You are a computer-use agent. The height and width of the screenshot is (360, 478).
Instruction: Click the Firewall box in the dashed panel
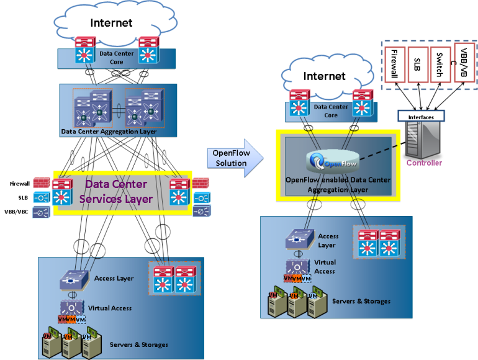(394, 64)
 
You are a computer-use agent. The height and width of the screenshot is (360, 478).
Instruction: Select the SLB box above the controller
(417, 64)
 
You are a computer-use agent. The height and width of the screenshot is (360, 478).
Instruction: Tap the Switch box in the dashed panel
(439, 64)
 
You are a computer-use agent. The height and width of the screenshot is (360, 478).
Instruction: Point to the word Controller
(424, 163)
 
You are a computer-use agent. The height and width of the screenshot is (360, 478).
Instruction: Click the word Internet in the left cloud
(112, 23)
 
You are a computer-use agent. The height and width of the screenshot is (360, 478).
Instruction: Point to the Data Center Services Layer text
(116, 191)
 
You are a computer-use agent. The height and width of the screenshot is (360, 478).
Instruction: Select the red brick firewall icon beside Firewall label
(40, 183)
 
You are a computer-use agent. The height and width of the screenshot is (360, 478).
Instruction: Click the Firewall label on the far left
(20, 184)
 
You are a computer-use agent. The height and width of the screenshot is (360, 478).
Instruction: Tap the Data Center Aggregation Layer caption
(109, 132)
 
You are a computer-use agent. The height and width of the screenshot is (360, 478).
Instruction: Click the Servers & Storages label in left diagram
(138, 344)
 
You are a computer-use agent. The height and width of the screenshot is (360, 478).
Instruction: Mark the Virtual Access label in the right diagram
(324, 267)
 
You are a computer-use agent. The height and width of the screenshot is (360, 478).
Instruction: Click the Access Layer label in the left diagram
(114, 278)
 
